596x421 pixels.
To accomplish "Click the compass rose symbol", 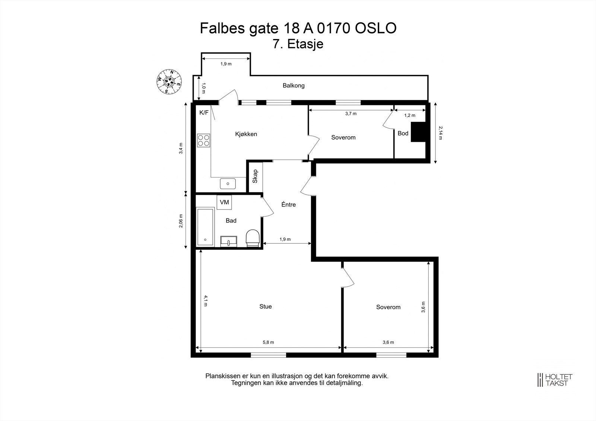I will point(169,82).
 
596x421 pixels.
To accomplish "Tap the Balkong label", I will point(294,86).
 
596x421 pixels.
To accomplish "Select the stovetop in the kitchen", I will point(203,140).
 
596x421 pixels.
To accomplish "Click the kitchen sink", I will point(228,184).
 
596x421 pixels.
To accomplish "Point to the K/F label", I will point(204,112).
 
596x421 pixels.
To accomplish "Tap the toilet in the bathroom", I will point(253,238).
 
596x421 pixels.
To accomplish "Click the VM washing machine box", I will point(224,202).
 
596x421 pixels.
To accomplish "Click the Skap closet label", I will point(255,176).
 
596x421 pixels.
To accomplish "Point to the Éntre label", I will point(288,204).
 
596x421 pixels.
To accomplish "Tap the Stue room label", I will point(266,306).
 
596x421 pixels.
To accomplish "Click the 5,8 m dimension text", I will point(268,342).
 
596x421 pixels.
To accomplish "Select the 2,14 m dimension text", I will point(440,133).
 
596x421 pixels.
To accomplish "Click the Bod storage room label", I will point(403,133).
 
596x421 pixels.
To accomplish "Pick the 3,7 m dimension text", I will point(351,114).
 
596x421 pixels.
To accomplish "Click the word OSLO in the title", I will point(375,28).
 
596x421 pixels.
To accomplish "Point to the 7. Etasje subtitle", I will point(298,44).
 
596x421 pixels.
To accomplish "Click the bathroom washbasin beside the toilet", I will point(228,241).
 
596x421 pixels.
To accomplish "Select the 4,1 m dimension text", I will point(205,301).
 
